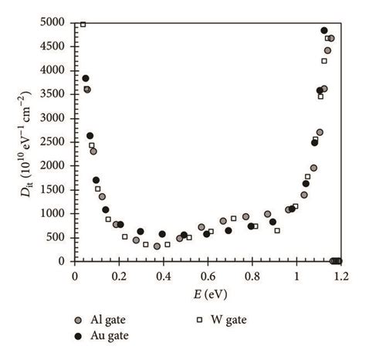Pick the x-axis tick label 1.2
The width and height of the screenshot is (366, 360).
341,274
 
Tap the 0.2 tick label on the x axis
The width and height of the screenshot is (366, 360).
119,274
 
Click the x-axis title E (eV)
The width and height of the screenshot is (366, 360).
207,294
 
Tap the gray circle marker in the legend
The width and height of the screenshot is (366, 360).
77,319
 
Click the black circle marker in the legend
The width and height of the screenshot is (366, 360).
77,335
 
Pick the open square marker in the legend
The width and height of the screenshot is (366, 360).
199,319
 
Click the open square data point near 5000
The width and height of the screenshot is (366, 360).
83,24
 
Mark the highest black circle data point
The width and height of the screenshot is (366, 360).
324,31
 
